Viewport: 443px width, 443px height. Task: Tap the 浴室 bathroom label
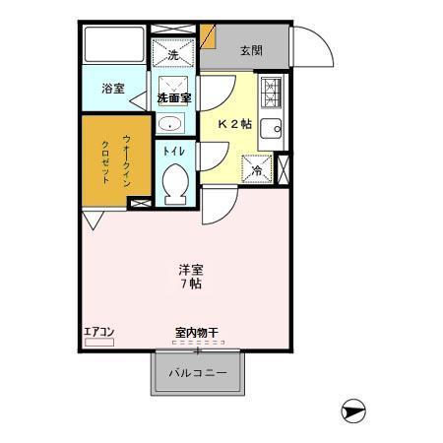click(x=113, y=89)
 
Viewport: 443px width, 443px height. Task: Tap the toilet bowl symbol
click(x=175, y=182)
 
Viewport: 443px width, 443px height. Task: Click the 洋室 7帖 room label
click(x=190, y=276)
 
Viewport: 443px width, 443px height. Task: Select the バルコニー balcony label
click(x=197, y=374)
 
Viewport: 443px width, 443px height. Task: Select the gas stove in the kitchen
click(x=272, y=94)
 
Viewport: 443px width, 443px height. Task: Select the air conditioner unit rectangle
click(x=99, y=343)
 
